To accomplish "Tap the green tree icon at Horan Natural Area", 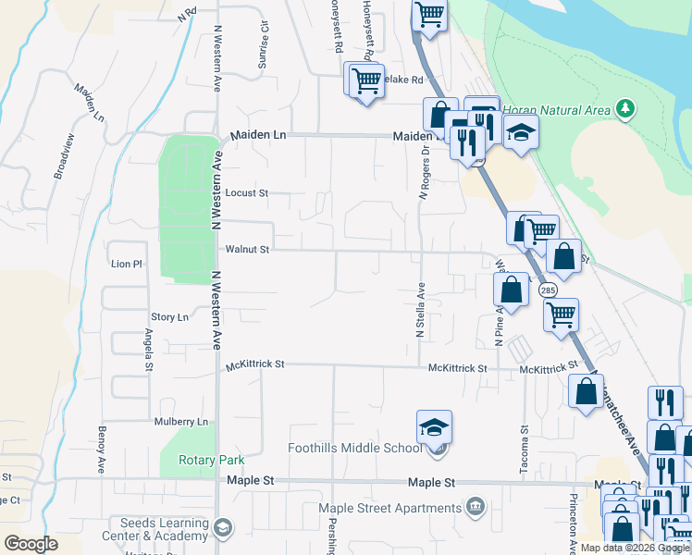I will [627, 109].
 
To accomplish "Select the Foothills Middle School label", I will [354, 449].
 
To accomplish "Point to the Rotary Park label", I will [213, 460].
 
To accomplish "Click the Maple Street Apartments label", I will [389, 508].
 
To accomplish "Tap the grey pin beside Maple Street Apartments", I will [476, 507].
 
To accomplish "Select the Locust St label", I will [247, 193].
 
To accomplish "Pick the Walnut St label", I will [247, 249].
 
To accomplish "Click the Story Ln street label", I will [169, 317].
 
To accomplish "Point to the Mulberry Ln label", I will [182, 422].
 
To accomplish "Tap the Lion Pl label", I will [127, 264].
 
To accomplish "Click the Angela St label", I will [148, 349].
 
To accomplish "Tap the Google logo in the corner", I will [31, 544].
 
